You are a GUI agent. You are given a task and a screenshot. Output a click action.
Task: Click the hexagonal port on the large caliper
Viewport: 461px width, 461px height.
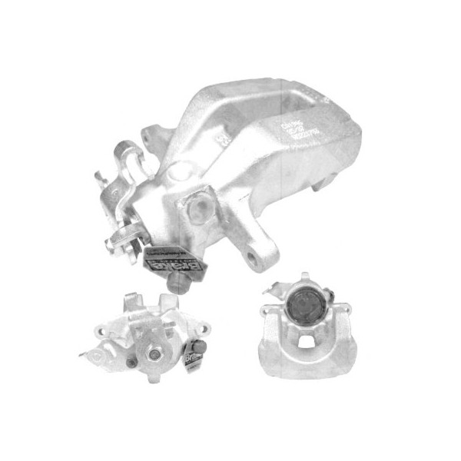coord(198,205)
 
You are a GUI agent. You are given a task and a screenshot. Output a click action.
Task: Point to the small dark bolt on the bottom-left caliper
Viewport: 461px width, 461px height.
coord(132,361)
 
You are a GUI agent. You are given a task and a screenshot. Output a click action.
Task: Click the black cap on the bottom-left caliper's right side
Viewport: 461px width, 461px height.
coord(201,347)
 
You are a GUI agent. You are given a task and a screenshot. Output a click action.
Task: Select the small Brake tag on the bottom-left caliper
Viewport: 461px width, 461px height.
coord(189,360)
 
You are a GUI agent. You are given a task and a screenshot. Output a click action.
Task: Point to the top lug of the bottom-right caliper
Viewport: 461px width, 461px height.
coord(305,277)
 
